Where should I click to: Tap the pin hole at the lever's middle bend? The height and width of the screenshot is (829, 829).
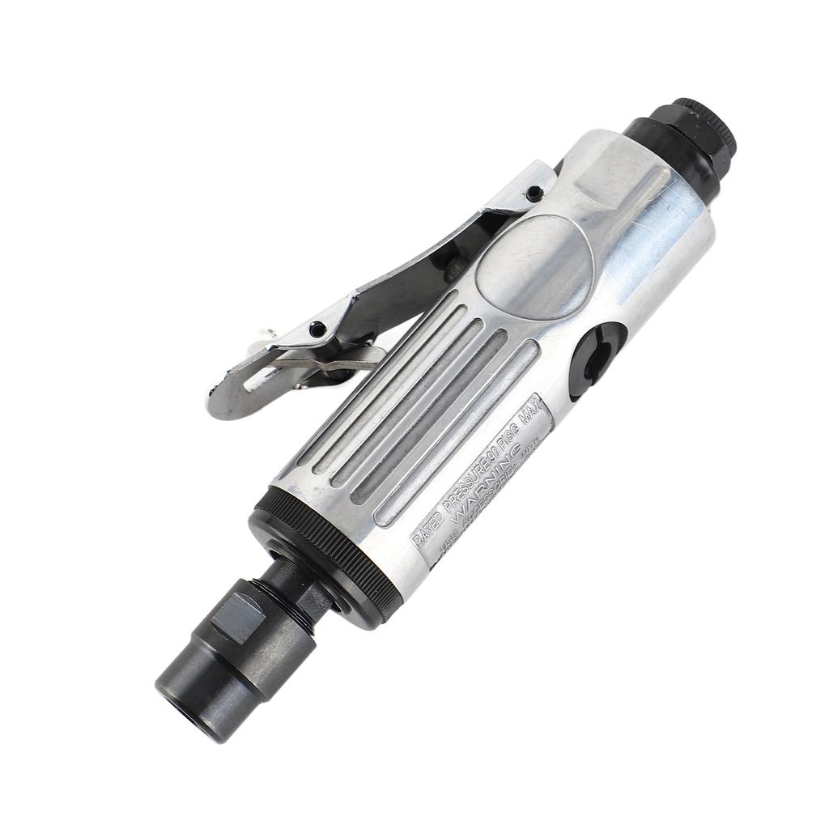319,328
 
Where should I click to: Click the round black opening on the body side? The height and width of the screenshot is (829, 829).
597,360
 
